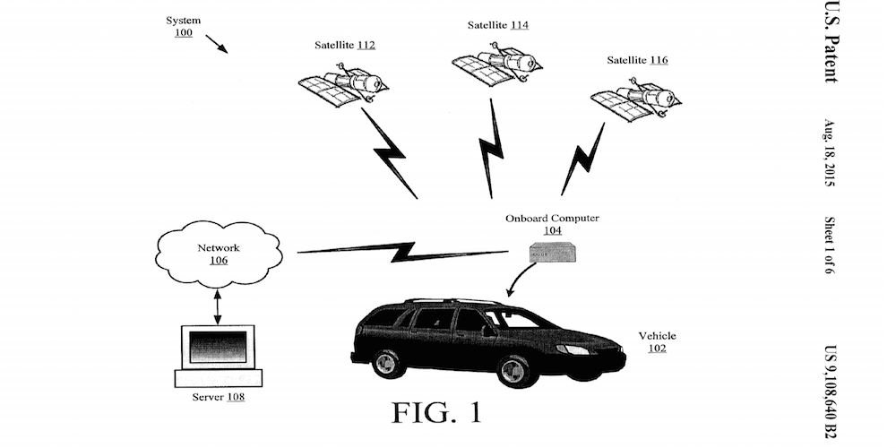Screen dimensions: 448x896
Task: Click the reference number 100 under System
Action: pos(183,32)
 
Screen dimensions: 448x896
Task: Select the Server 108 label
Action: pos(218,396)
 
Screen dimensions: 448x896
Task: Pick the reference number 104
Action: pos(552,230)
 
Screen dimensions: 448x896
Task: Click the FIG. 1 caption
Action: pos(436,412)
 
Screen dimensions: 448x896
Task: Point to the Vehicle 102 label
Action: pos(657,342)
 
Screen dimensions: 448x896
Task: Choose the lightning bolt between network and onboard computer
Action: pos(409,252)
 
